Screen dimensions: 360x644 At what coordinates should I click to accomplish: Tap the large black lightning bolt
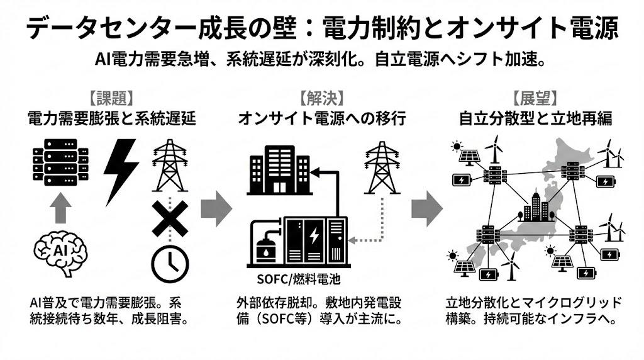121,170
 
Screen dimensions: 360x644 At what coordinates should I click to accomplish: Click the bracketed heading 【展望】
535,99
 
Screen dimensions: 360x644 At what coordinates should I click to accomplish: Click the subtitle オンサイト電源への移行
321,118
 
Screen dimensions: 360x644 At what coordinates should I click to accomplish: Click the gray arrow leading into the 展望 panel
427,208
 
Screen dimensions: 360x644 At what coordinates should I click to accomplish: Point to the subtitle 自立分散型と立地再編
535,118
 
